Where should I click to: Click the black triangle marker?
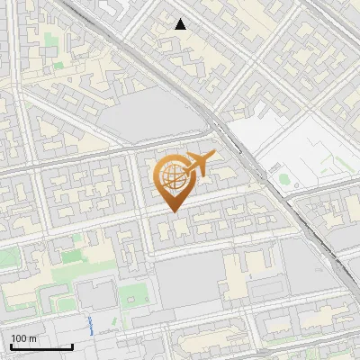[x=181, y=24]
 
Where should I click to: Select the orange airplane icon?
[x=199, y=165]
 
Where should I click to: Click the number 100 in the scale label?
[x=19, y=338]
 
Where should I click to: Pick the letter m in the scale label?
[x=32, y=338]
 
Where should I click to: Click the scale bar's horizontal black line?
[x=41, y=346]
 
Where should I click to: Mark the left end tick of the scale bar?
[x=11, y=345]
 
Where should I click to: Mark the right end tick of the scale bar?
[x=72, y=345]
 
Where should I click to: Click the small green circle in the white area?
[x=285, y=178]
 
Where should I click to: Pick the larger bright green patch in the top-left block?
[x=58, y=66]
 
